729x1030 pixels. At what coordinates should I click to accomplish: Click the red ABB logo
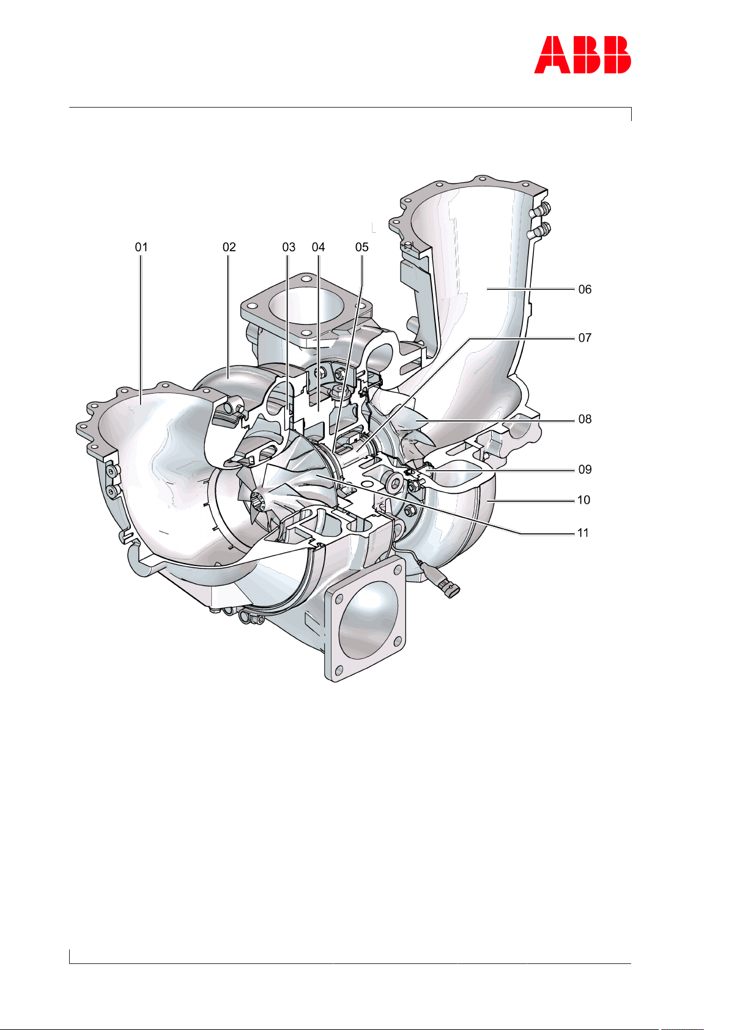pos(582,55)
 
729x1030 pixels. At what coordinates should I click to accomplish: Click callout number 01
pos(141,248)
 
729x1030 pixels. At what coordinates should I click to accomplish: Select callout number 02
pos(229,248)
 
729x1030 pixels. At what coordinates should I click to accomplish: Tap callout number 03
pos(289,248)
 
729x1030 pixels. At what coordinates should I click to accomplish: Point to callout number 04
pos(318,248)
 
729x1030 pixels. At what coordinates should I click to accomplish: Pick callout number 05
pos(362,248)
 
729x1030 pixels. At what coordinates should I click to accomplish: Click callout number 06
pos(585,289)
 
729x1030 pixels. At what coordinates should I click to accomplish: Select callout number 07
pos(585,338)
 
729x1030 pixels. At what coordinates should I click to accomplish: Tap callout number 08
pos(585,419)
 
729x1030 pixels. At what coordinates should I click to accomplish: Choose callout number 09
pos(585,469)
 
